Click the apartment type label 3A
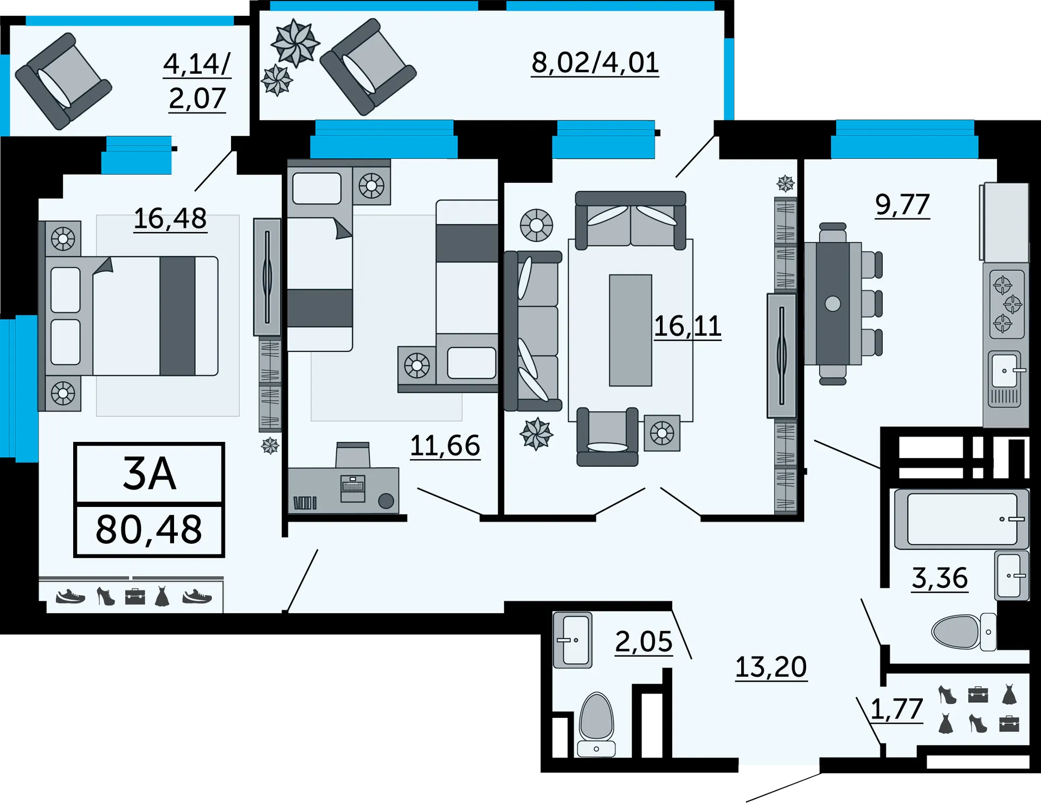pyautogui.click(x=150, y=473)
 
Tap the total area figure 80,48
pyautogui.click(x=149, y=530)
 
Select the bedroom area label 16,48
pyautogui.click(x=170, y=219)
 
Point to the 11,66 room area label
pyautogui.click(x=445, y=446)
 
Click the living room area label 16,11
pyautogui.click(x=687, y=326)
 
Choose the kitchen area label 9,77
pyautogui.click(x=903, y=204)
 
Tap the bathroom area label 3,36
pyautogui.click(x=940, y=578)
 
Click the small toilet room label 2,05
pyautogui.click(x=644, y=642)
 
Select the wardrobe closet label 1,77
pyautogui.click(x=897, y=709)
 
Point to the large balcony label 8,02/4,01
pyautogui.click(x=595, y=62)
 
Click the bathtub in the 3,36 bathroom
pyautogui.click(x=961, y=519)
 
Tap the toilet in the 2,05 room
pyautogui.click(x=596, y=724)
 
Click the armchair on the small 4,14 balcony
pyautogui.click(x=63, y=81)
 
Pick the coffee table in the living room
pyautogui.click(x=631, y=330)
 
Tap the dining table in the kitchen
pyautogui.click(x=833, y=304)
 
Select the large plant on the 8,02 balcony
pyautogui.click(x=295, y=43)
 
